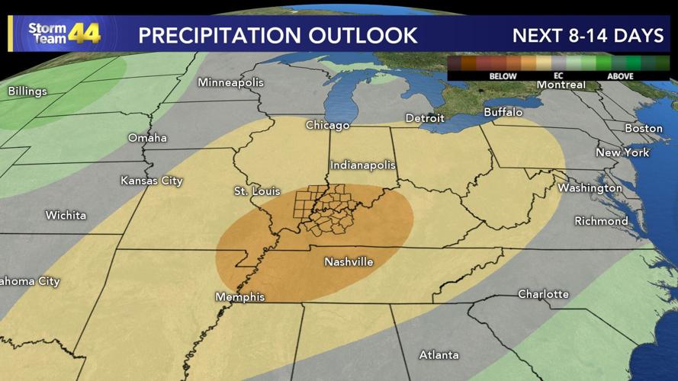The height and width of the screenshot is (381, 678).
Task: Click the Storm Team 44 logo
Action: point(64,33)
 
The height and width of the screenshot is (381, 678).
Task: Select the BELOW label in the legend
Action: point(503,76)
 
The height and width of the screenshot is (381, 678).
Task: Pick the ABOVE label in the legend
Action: point(620,76)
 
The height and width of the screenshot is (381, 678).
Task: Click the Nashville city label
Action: point(349,262)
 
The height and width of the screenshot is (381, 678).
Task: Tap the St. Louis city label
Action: point(257,191)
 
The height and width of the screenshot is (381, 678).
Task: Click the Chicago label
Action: point(327,125)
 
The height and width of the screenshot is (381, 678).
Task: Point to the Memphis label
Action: point(239,297)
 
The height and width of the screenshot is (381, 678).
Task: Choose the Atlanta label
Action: point(439,355)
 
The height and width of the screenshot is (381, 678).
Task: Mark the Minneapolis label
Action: point(230,82)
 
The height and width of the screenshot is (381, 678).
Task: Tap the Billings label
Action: point(27,91)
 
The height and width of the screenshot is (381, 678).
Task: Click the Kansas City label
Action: point(152,181)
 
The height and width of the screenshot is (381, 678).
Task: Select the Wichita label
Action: point(66,216)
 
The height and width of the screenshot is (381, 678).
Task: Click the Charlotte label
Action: point(543,294)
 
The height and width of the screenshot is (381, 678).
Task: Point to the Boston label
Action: point(643,128)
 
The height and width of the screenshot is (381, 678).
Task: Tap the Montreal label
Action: point(561,85)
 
